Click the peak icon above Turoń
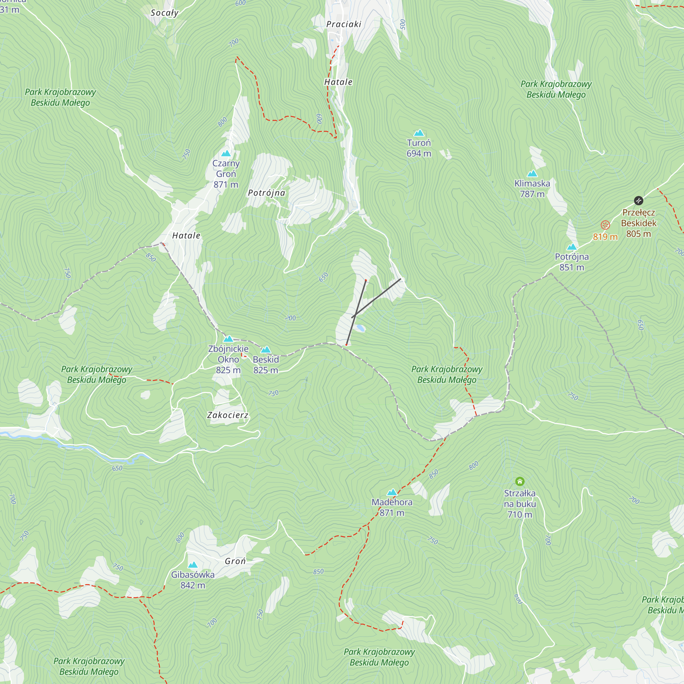[x=419, y=133]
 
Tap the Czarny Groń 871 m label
[x=226, y=174]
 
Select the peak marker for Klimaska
[x=532, y=173]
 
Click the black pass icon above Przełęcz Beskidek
[x=638, y=201]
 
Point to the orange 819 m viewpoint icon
[x=605, y=225]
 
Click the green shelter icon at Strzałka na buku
[x=520, y=481]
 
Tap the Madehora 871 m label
[x=392, y=507]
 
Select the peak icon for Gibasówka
[x=193, y=565]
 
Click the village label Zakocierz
[x=228, y=415]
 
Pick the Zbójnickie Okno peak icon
[x=228, y=339]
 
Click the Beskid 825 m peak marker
[x=266, y=350]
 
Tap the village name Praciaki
[x=343, y=24]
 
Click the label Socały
[x=164, y=13]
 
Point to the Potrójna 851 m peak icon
[x=572, y=247]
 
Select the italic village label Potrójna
[x=266, y=193]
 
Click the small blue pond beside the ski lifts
[x=360, y=328]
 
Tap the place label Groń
[x=235, y=561]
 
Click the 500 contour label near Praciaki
[x=403, y=24]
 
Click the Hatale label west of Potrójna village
[x=186, y=235]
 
